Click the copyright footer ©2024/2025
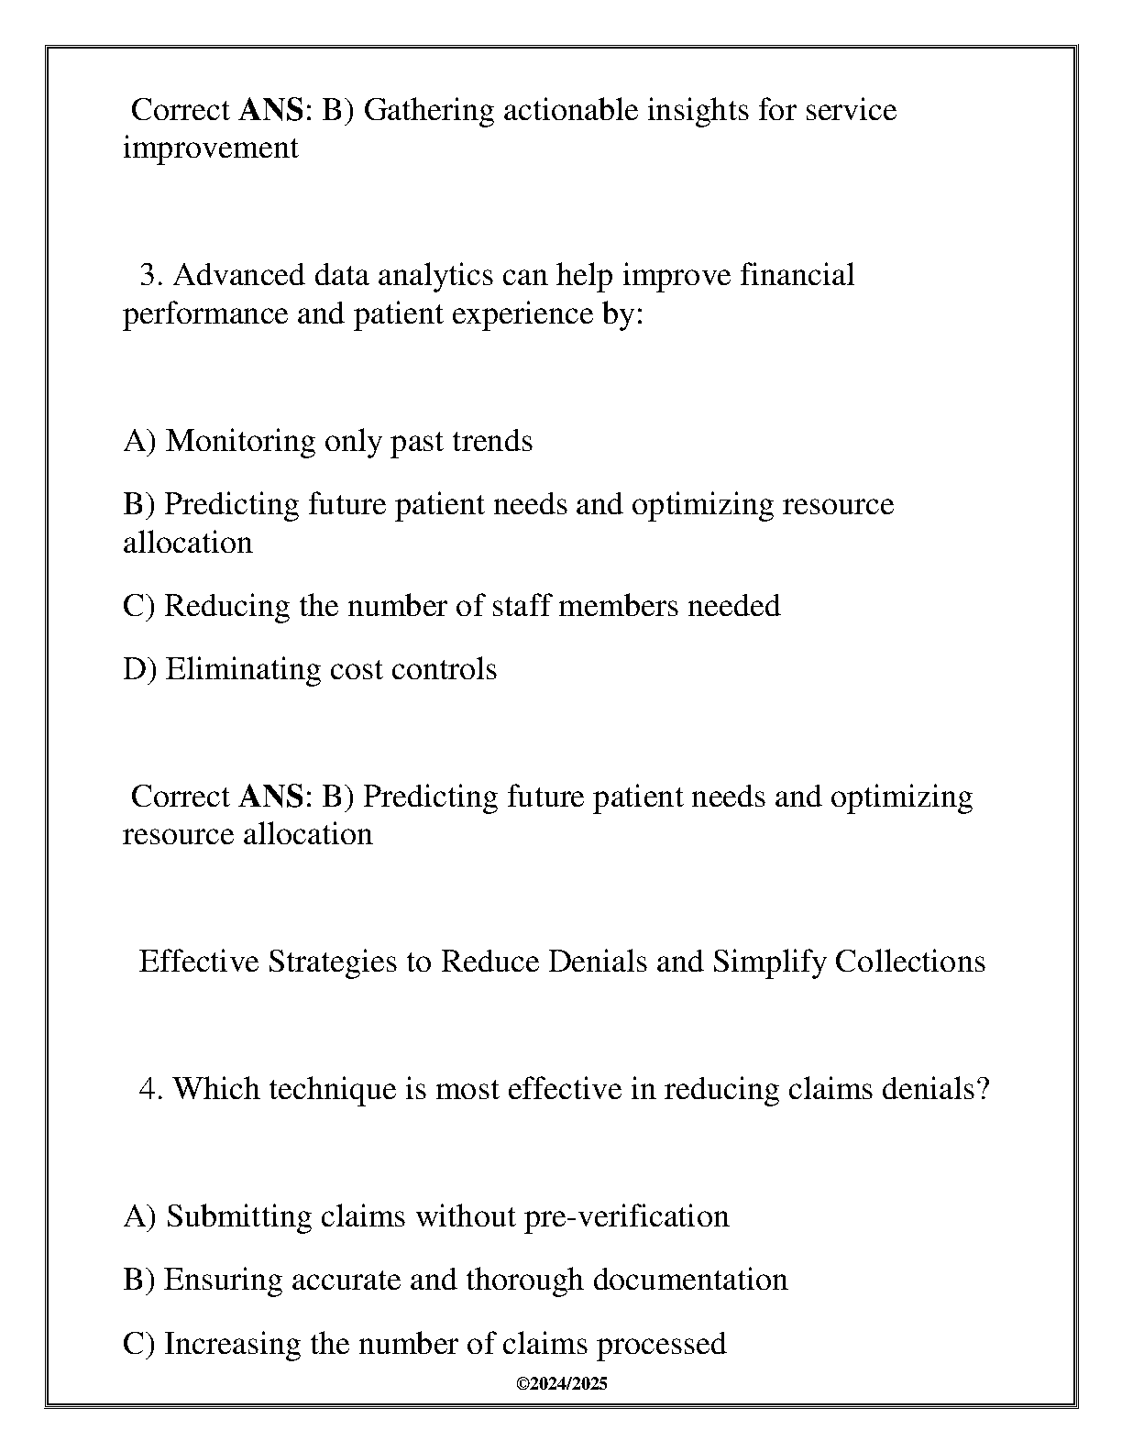561,1384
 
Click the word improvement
211,148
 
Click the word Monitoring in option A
241,442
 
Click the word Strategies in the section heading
335,962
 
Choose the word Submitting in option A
239,1217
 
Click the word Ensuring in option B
223,1281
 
